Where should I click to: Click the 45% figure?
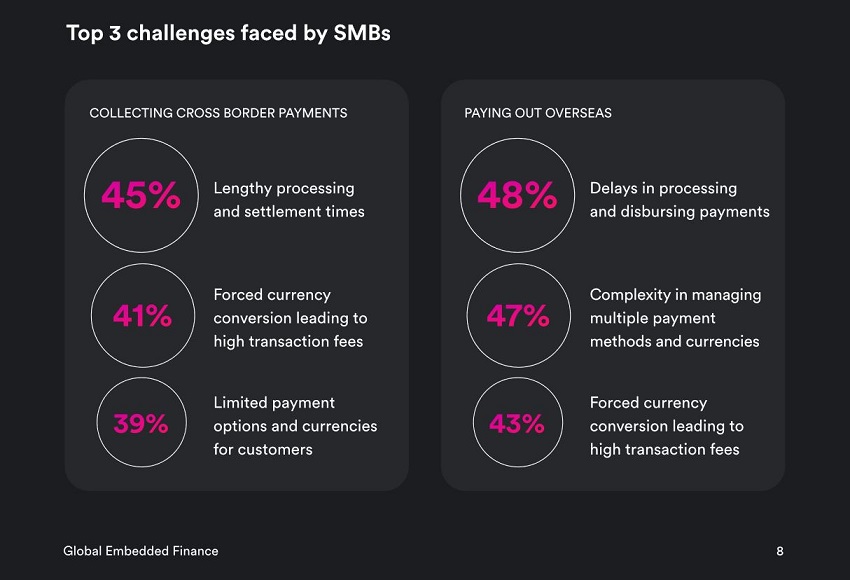click(141, 196)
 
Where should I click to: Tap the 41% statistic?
click(142, 317)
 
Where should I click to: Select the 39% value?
click(141, 424)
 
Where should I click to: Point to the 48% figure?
click(517, 196)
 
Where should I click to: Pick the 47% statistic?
click(518, 317)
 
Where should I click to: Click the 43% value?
click(517, 424)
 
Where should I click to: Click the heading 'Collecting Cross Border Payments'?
click(218, 113)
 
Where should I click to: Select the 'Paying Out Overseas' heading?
click(538, 113)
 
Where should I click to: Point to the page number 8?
click(780, 551)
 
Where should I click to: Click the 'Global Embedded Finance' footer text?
click(140, 551)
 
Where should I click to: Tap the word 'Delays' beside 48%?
click(614, 188)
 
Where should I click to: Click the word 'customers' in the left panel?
click(275, 449)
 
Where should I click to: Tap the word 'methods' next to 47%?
click(621, 341)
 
